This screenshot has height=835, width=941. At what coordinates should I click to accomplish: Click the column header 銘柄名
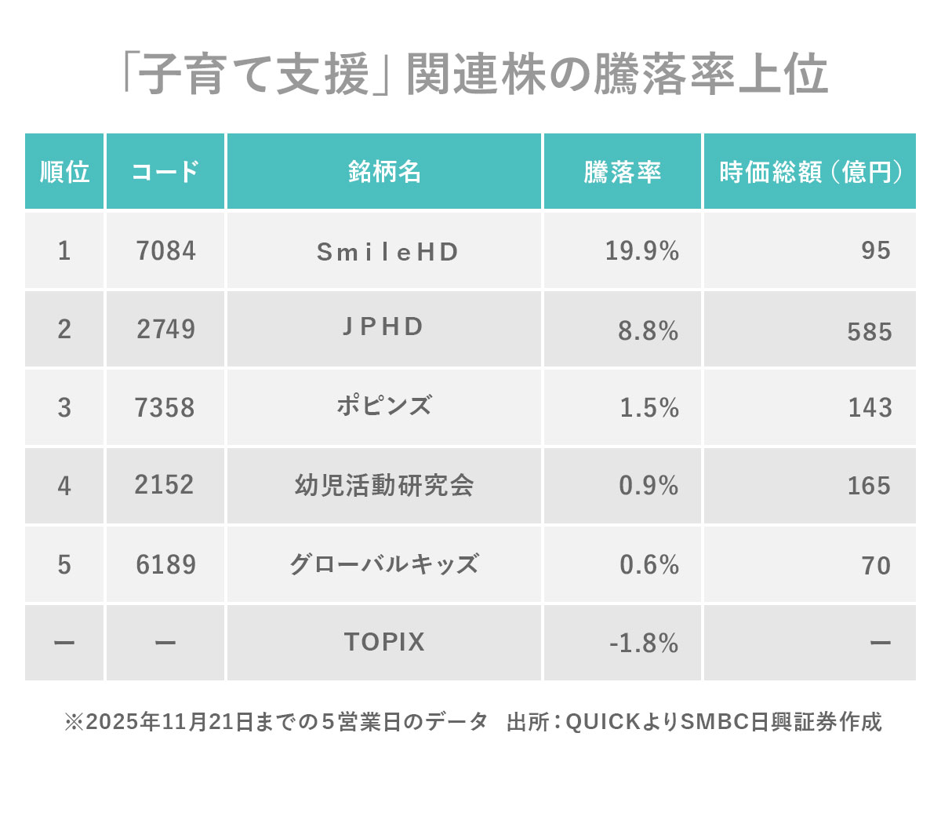point(384,172)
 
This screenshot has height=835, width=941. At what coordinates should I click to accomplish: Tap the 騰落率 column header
point(622,172)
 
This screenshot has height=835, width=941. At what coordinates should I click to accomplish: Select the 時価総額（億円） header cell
point(810,172)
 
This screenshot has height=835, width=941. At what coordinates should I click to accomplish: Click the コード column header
point(165,172)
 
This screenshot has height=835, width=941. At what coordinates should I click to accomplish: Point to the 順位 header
point(64,172)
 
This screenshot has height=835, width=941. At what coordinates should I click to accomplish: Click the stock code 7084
point(165,251)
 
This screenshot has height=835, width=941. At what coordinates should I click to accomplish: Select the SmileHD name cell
point(387,252)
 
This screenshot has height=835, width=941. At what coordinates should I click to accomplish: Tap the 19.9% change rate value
point(641,251)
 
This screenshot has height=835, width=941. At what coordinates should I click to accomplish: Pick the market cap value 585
point(870,332)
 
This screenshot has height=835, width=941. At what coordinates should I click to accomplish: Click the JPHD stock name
point(383,326)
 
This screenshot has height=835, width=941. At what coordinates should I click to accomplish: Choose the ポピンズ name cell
point(383,407)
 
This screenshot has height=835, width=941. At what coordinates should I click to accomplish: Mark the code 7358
point(165,408)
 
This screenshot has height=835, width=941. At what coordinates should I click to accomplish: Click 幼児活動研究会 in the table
point(384,486)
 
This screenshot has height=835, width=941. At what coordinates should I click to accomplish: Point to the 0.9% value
point(649,486)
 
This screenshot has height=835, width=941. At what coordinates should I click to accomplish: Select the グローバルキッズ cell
point(384,564)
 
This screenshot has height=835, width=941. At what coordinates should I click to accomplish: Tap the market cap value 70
point(876,566)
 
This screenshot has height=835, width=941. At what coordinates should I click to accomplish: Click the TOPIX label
point(384,642)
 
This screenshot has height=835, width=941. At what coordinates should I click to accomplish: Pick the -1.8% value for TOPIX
point(643,644)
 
